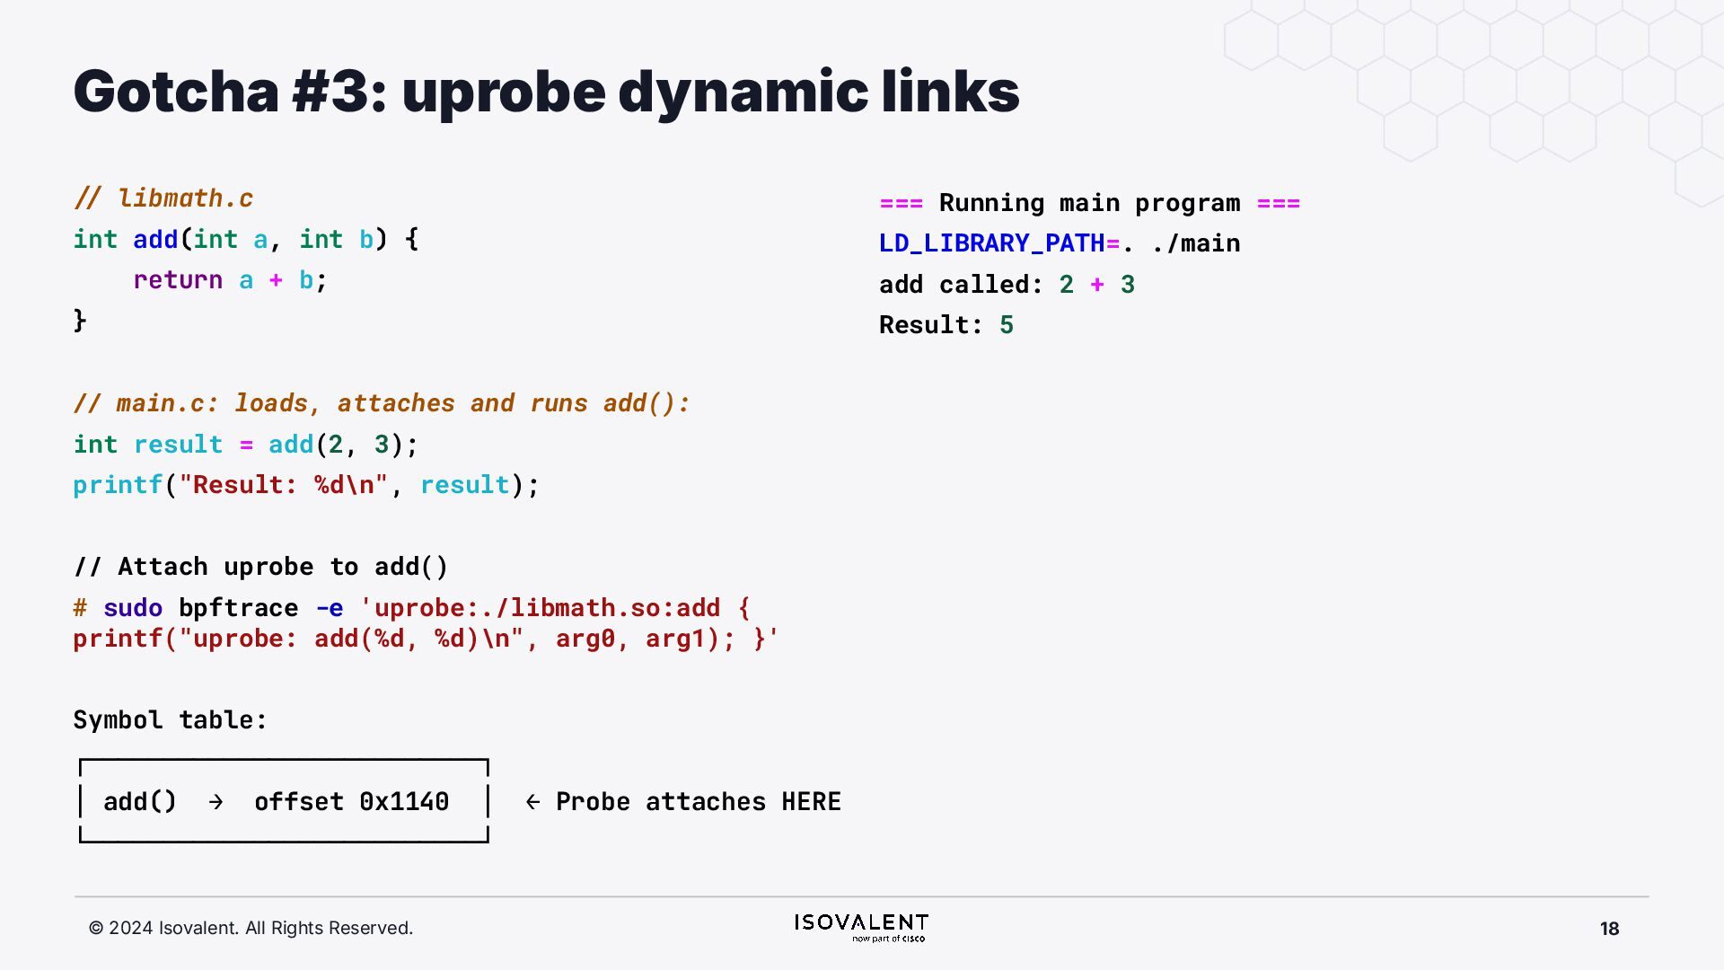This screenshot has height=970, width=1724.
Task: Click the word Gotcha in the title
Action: coord(176,92)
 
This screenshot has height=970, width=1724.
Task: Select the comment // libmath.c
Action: coord(163,198)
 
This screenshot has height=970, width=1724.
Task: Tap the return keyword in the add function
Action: coord(178,280)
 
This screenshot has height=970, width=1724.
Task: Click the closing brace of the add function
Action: coord(80,321)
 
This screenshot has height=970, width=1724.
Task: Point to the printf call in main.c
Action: coord(118,485)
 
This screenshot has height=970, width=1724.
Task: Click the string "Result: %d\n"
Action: coord(283,485)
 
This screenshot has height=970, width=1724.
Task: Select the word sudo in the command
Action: coord(133,608)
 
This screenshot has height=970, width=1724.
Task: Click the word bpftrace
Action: coord(238,608)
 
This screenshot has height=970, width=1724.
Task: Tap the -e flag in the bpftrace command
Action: coord(330,608)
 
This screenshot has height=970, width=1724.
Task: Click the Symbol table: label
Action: coord(170,720)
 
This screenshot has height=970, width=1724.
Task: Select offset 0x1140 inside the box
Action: coord(351,802)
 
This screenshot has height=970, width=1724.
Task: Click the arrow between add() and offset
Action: coord(215,802)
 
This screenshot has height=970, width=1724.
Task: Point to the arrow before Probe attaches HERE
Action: coord(532,802)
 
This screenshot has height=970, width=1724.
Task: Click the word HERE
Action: coord(811,802)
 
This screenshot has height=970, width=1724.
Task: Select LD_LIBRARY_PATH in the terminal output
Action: coord(991,243)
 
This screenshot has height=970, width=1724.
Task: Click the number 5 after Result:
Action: coord(1007,325)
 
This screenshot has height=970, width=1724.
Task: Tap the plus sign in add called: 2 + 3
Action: coord(1097,285)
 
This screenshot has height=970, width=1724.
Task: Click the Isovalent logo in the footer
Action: coord(861,927)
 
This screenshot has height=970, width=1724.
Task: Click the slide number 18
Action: coord(1609,929)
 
